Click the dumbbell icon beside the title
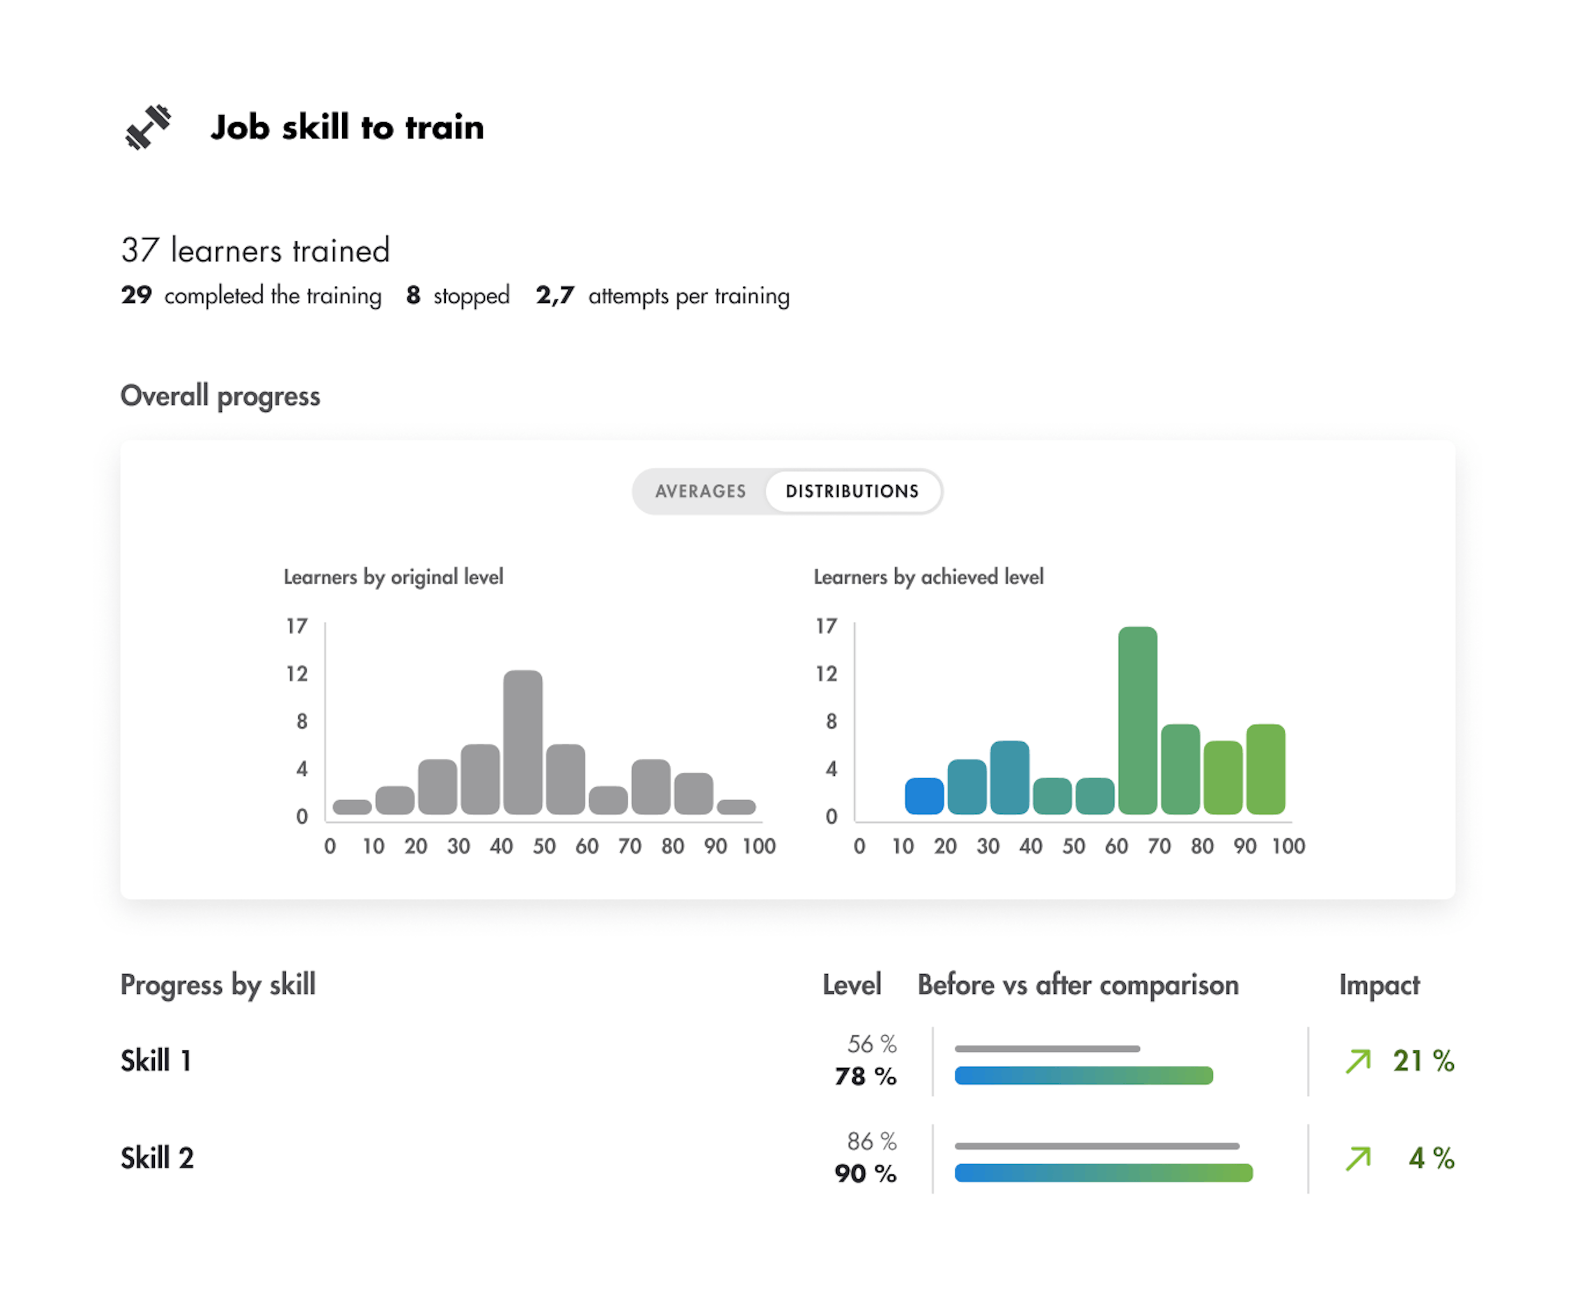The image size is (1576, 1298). [x=147, y=127]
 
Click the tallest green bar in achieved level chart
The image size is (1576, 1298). [x=1137, y=720]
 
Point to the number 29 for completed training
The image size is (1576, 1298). [x=137, y=295]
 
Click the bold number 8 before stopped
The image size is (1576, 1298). [x=413, y=295]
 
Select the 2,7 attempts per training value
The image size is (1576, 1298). [x=555, y=295]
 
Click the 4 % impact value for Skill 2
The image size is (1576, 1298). [x=1431, y=1158]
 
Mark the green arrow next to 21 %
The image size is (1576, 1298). [x=1358, y=1061]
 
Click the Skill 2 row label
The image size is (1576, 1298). [x=157, y=1158]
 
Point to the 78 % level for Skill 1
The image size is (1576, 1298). [x=865, y=1077]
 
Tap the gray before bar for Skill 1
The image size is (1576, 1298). [x=1047, y=1049]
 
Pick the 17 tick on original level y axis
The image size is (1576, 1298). [x=297, y=626]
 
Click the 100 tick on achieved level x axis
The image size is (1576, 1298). [x=1288, y=846]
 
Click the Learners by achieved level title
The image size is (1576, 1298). [x=928, y=577]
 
